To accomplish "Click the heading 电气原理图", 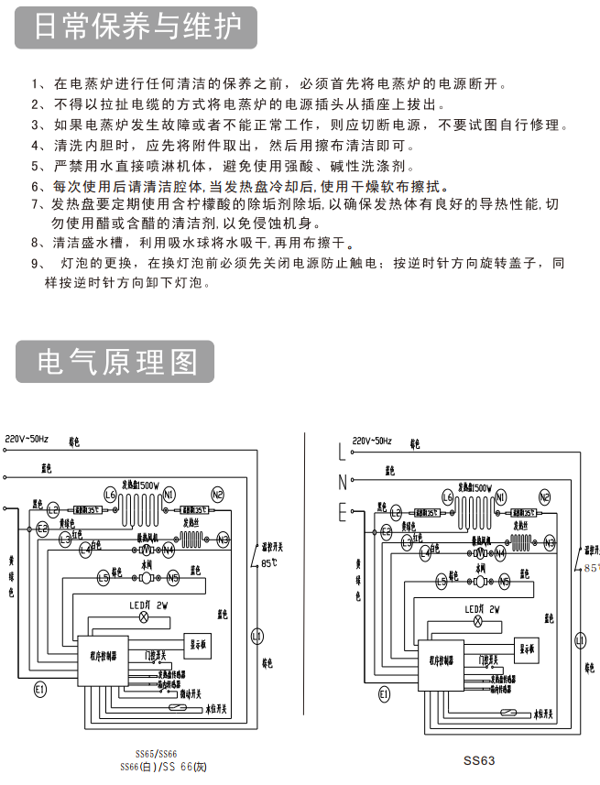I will point(116,361).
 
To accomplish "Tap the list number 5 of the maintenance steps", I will point(36,166).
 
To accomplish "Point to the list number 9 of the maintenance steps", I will point(36,264).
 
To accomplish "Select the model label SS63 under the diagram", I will point(478,759).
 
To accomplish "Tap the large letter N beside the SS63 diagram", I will point(343,482).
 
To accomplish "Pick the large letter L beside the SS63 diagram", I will point(343,451).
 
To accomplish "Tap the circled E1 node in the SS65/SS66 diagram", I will point(39,689).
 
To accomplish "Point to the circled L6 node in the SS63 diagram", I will point(447,497).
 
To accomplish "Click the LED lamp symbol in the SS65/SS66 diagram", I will point(142,619).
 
